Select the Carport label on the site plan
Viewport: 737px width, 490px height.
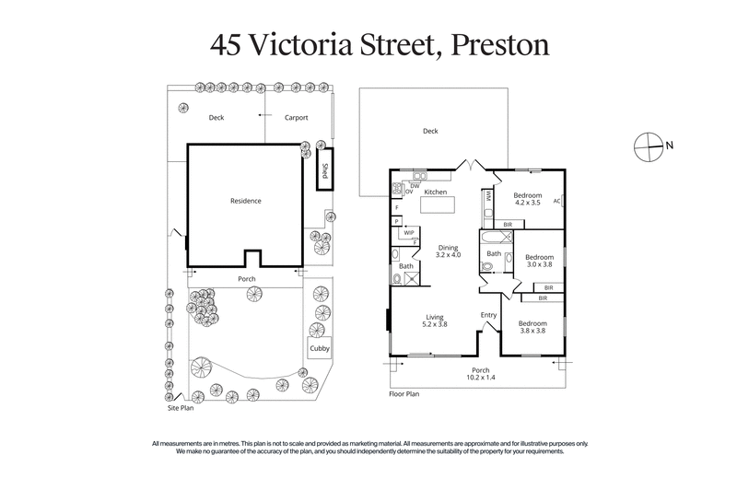pos(296,118)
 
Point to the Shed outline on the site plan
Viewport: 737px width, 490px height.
pos(324,172)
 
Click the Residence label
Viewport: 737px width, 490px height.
pos(245,201)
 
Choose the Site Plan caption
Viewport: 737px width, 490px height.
pos(180,406)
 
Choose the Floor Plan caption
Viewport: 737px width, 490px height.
pos(404,393)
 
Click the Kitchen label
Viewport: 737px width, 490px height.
pos(435,192)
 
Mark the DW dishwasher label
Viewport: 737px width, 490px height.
pos(415,184)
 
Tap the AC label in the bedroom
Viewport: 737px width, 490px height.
pos(556,201)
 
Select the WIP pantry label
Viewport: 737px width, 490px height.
pos(407,233)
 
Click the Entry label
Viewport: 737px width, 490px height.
pos(488,315)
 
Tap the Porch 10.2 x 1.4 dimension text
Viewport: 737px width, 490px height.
pos(474,376)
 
